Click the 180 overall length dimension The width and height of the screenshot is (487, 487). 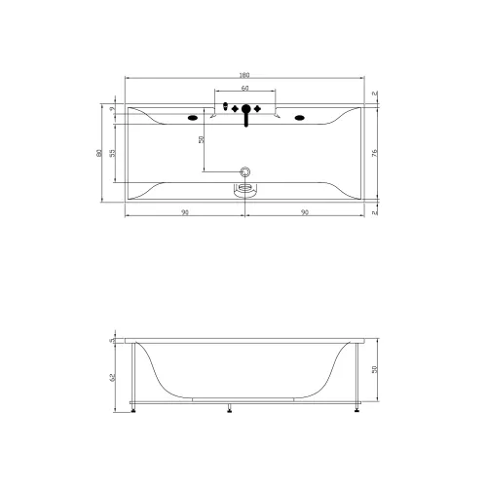(x=244, y=75)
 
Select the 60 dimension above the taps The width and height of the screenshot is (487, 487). (x=244, y=88)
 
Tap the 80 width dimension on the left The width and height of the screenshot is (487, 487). (x=101, y=152)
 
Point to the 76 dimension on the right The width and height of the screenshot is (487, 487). (x=375, y=152)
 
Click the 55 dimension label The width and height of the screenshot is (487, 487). (x=114, y=153)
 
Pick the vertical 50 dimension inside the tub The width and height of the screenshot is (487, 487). (x=203, y=139)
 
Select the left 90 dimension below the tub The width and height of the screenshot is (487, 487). (x=185, y=211)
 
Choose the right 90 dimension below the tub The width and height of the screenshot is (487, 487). (x=304, y=211)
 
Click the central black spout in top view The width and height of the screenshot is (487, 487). (x=245, y=112)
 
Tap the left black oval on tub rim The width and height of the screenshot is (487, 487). (x=191, y=120)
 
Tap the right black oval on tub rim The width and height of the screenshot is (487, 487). (x=299, y=120)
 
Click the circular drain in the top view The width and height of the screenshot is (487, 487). (x=245, y=172)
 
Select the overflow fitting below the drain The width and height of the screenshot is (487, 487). (x=245, y=187)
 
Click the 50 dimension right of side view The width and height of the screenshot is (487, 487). (x=375, y=370)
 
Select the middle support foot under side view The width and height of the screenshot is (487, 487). (x=230, y=409)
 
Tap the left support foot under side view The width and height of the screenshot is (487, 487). (x=133, y=409)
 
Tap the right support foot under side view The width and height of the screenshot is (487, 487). (x=357, y=409)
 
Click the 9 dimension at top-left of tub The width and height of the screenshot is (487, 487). (x=114, y=110)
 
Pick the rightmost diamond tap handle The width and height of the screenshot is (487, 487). (x=257, y=107)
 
